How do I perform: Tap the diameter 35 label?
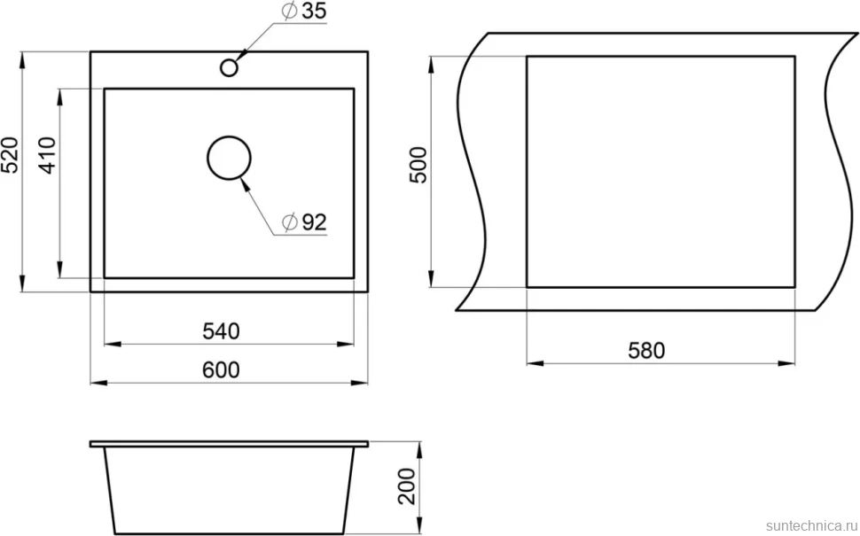pos(304,12)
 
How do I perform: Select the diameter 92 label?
pos(304,222)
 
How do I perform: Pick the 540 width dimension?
pos(222,331)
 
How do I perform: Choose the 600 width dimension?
pos(222,370)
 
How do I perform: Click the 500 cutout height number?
pos(418,165)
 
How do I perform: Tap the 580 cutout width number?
pos(646,351)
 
